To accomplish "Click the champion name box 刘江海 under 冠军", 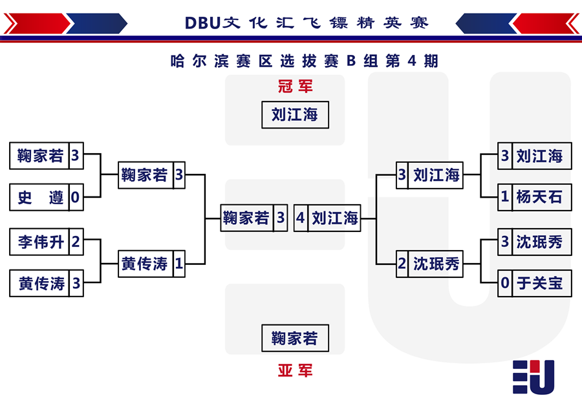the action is [x=295, y=114].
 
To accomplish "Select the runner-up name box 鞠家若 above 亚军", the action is [x=295, y=338].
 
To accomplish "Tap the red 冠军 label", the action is [x=296, y=86].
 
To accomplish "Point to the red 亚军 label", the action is [x=296, y=370].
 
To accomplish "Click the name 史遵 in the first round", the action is [x=41, y=197].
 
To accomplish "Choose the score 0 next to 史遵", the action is [x=76, y=197].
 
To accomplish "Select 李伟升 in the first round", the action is [x=41, y=242].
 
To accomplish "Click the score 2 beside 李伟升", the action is [x=76, y=242].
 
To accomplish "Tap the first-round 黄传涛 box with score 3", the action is [x=47, y=284].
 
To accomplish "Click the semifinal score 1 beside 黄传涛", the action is [x=179, y=264].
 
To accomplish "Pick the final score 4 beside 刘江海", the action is [x=300, y=218].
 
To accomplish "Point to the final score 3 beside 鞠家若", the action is [x=281, y=218].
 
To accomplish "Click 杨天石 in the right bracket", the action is [x=539, y=197].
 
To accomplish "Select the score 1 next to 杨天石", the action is [x=504, y=196].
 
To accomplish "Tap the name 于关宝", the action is [x=540, y=283].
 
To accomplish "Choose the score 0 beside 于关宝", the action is [x=505, y=283].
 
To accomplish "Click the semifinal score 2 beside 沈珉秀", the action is [x=402, y=264].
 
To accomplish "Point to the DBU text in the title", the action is [x=202, y=23].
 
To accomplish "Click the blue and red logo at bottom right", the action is [x=533, y=377].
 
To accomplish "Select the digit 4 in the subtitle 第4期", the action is [x=412, y=61].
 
